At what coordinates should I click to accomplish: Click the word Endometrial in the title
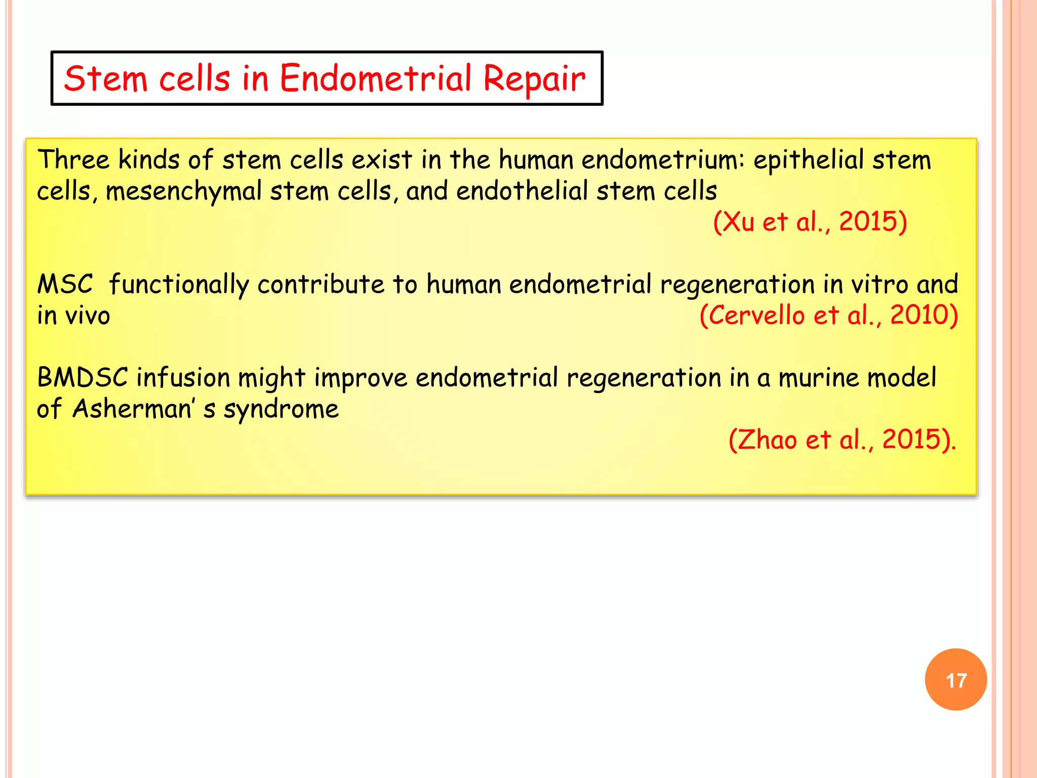coord(375,79)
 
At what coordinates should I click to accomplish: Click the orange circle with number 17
coord(955,679)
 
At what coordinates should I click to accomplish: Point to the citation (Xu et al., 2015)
coord(810,222)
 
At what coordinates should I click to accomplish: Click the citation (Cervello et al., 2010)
coord(828,315)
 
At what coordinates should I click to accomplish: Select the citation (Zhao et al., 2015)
coord(842,439)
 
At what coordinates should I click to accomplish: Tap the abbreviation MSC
coord(65,284)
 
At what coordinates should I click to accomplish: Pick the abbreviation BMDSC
coord(83,378)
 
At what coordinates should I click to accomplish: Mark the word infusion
coord(183,378)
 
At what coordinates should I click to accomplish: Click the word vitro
coord(880,284)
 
